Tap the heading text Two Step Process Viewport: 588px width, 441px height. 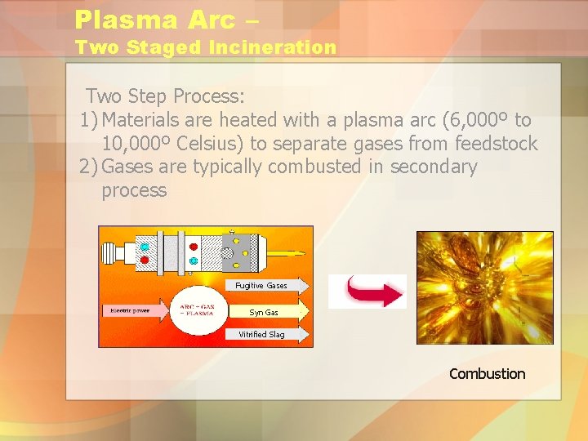tap(165, 97)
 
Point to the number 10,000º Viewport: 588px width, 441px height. tap(136, 145)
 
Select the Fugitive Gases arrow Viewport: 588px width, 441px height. tap(266, 285)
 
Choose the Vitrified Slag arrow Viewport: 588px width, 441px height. tap(266, 334)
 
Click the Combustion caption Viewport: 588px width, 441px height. tap(487, 374)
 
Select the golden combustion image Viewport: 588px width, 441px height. tap(484, 287)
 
